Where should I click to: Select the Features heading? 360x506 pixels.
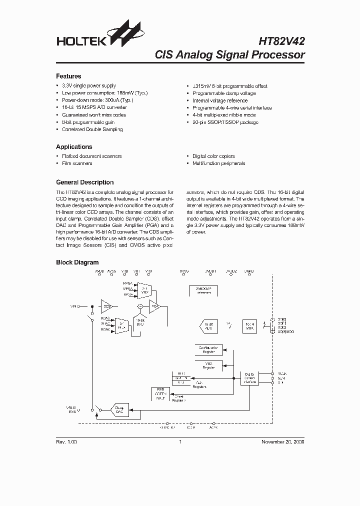[68, 76]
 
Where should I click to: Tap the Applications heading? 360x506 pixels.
[74, 147]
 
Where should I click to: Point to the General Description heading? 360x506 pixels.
[84, 182]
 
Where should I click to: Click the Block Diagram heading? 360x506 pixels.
[77, 262]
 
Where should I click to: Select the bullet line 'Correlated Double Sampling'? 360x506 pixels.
[92, 129]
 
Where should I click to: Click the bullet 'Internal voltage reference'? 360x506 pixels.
[219, 100]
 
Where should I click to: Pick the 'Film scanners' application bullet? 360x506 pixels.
[76, 163]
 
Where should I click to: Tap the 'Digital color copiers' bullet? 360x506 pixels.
[213, 156]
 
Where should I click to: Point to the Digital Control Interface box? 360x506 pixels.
[250, 378]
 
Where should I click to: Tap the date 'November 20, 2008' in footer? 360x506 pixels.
[282, 442]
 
